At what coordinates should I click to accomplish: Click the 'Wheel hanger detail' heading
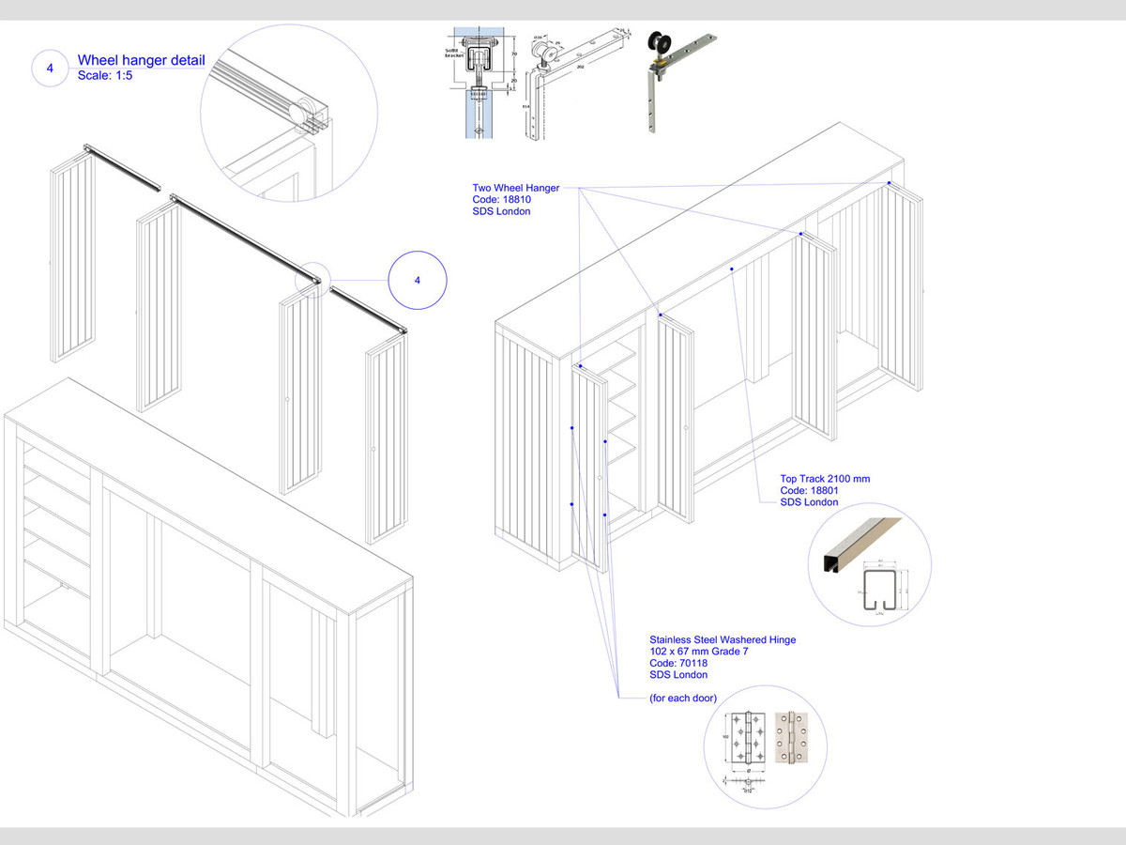pyautogui.click(x=141, y=61)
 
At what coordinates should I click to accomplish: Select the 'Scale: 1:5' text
pyautogui.click(x=105, y=76)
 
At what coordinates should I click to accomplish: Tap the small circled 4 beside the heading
pyautogui.click(x=50, y=69)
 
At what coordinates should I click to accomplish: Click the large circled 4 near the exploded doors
pyautogui.click(x=418, y=280)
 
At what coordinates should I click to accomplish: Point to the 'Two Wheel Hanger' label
pyautogui.click(x=515, y=188)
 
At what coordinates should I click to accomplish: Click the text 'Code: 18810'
pyautogui.click(x=502, y=200)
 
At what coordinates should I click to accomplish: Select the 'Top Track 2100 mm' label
pyautogui.click(x=825, y=479)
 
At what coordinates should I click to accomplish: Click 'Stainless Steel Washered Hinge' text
pyautogui.click(x=723, y=639)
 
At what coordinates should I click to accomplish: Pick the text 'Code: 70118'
pyautogui.click(x=679, y=663)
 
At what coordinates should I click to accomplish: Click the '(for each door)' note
pyautogui.click(x=683, y=699)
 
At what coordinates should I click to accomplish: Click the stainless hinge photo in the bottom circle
pyautogui.click(x=790, y=741)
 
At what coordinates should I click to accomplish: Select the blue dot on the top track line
pyautogui.click(x=732, y=269)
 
